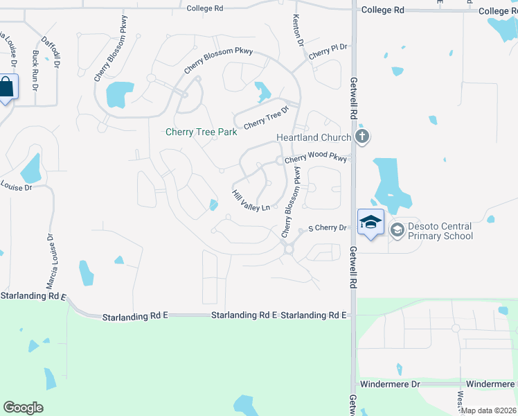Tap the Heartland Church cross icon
(x=361, y=137)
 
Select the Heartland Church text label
(x=314, y=137)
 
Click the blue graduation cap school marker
(x=370, y=222)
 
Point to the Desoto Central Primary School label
(x=440, y=231)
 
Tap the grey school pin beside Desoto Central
(x=397, y=229)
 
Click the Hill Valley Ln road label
(x=250, y=201)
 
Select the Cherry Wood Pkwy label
(x=315, y=159)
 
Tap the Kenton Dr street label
(x=298, y=31)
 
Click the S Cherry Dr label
(x=327, y=227)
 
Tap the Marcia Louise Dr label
(x=51, y=262)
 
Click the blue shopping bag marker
(x=7, y=88)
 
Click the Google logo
(x=23, y=408)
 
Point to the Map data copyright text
(x=488, y=410)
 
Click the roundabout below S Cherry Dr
(x=289, y=249)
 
